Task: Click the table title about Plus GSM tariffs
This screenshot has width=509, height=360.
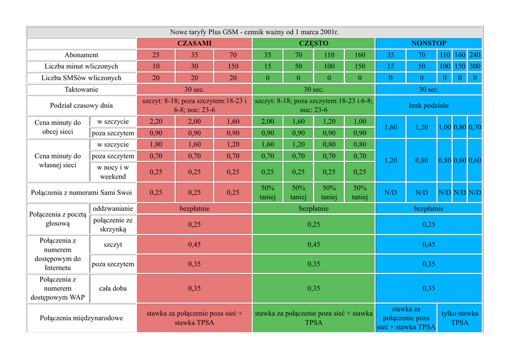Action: tap(254, 32)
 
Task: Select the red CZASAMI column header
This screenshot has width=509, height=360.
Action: tap(194, 43)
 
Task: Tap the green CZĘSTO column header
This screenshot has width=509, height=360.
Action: tap(314, 43)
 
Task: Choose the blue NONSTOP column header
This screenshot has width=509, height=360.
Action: tap(428, 43)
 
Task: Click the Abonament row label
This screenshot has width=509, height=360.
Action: tap(82, 55)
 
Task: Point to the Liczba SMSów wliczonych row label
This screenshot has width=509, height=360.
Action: tap(82, 78)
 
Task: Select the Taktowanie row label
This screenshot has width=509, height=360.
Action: tap(82, 90)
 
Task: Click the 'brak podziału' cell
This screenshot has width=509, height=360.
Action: tap(428, 105)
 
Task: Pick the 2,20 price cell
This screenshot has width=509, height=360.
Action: tap(156, 122)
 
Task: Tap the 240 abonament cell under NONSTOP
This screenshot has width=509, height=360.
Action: tap(475, 55)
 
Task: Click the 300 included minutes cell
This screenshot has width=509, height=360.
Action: tap(475, 66)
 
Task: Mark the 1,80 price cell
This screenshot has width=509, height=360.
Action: tap(156, 145)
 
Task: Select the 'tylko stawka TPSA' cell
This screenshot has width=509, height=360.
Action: tap(460, 318)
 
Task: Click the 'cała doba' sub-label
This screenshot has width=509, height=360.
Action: tap(113, 288)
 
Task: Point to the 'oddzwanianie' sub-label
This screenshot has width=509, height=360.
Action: tap(113, 208)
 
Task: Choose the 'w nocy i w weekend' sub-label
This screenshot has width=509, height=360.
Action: tap(113, 172)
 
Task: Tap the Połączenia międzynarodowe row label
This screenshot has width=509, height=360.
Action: tap(82, 318)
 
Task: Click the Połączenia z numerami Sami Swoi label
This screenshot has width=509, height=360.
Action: tap(82, 192)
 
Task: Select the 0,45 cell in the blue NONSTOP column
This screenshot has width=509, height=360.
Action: tap(428, 244)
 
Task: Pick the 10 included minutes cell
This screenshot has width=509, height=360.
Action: tap(156, 66)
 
